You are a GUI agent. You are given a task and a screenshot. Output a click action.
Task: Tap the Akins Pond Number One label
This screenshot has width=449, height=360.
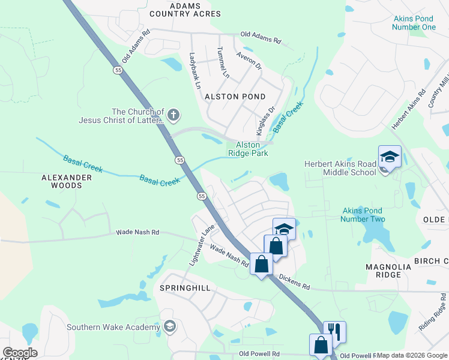[414, 23]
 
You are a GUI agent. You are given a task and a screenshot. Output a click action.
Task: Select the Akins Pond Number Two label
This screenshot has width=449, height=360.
[363, 215]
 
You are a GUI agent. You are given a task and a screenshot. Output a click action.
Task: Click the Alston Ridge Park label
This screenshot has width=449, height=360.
[248, 149]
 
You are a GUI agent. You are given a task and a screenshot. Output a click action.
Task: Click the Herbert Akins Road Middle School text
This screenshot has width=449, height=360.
[340, 168]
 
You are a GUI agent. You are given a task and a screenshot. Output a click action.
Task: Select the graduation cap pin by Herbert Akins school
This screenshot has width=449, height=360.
[389, 157]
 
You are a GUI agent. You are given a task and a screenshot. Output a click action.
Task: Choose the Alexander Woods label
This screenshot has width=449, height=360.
[66, 181]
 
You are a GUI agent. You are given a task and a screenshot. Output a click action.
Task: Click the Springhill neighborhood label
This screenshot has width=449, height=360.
[185, 288]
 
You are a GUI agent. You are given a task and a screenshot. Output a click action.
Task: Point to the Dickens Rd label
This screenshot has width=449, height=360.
[295, 282]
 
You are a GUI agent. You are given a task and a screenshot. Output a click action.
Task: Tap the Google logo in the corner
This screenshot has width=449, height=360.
[20, 353]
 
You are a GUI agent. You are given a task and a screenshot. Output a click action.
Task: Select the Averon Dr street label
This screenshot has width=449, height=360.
[249, 60]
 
